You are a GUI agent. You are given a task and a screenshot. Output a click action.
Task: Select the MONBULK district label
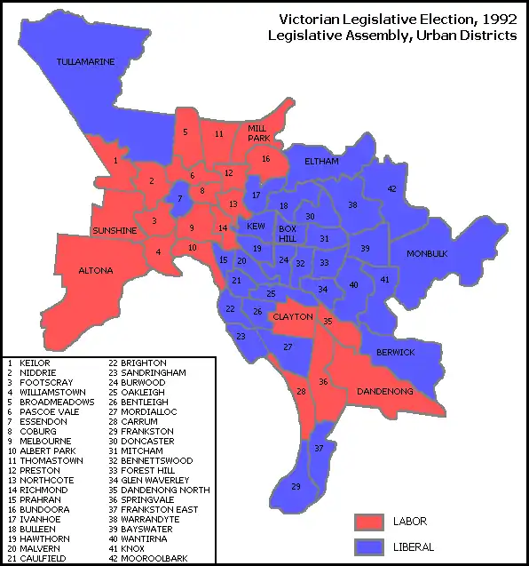(426, 254)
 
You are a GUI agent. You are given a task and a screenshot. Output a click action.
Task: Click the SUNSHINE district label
(114, 231)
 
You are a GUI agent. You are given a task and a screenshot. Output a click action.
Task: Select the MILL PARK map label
(257, 133)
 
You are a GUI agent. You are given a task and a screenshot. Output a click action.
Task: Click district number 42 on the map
(391, 188)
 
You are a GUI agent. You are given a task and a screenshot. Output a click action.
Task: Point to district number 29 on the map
(296, 487)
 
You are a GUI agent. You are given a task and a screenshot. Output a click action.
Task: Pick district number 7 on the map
(179, 198)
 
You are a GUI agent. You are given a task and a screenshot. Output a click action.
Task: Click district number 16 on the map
(265, 158)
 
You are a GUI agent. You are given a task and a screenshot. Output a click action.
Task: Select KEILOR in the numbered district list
(29, 363)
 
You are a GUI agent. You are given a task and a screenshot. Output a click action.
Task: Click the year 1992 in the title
(497, 19)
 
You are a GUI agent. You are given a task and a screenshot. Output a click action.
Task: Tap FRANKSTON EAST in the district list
(155, 510)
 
